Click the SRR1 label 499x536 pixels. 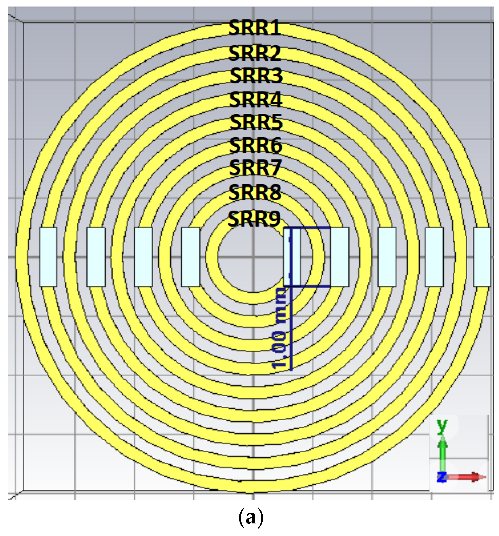tap(254, 28)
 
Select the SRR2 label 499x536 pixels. tap(254, 53)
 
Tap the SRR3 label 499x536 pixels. tap(256, 76)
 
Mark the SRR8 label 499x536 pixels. tap(254, 193)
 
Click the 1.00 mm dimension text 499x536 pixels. tap(280, 328)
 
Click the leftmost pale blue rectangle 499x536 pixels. tap(48, 257)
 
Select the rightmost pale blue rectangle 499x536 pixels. tap(482, 257)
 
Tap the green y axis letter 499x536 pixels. tap(442, 426)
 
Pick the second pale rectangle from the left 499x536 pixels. tap(96, 257)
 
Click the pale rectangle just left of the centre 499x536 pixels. tap(191, 257)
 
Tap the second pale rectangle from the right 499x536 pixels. tap(434, 257)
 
